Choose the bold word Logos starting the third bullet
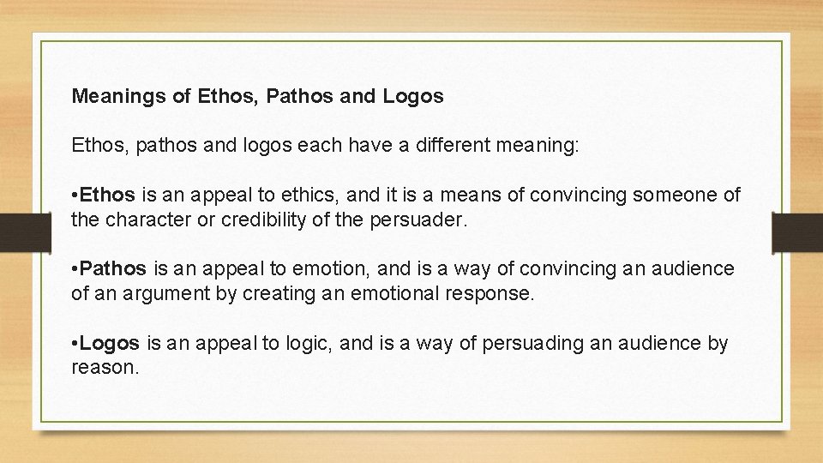(111, 344)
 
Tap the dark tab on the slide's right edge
(797, 231)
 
